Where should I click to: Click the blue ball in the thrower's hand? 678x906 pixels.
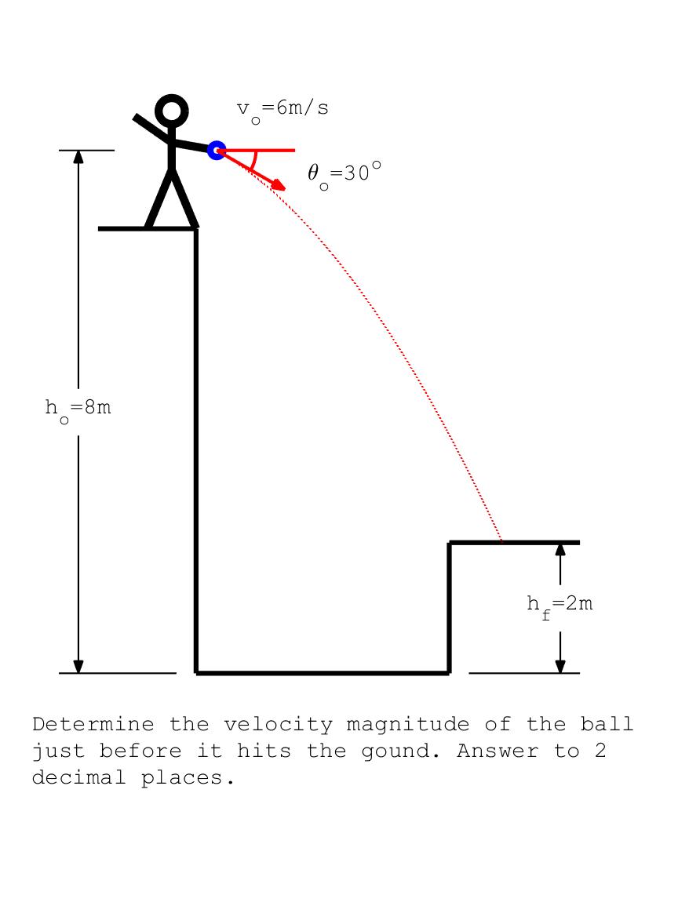217,151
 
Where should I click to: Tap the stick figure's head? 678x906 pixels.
172,111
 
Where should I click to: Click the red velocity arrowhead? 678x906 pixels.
279,185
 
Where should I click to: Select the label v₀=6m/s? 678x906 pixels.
282,111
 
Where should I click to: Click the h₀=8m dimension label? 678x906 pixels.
78,410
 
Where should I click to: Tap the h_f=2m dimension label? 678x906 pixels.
560,606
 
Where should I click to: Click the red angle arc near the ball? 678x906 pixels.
253,161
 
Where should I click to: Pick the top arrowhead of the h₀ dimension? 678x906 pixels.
78,157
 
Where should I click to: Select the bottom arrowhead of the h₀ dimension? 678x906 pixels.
78,666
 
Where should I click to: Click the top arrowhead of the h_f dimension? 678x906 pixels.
560,549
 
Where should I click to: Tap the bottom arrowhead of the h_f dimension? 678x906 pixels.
560,666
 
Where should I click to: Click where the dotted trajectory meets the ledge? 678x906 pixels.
501,542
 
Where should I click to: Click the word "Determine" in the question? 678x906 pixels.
93,724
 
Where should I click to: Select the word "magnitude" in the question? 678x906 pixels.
407,725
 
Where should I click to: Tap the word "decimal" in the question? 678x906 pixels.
79,777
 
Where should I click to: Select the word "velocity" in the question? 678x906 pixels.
278,725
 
